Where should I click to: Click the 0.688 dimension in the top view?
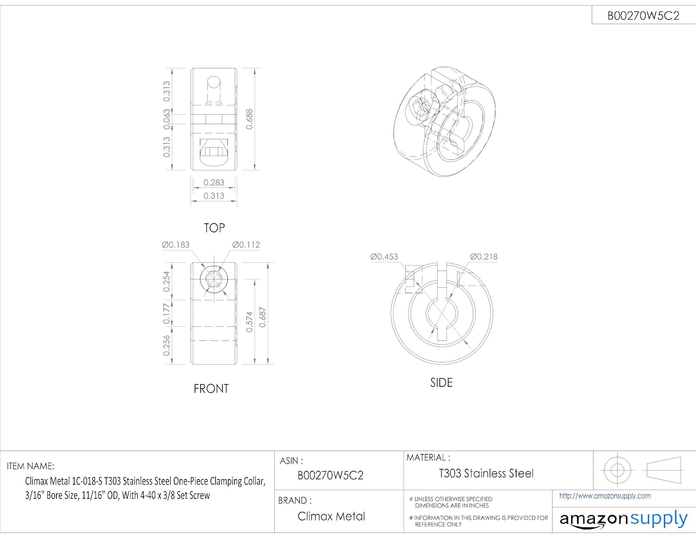tap(249, 119)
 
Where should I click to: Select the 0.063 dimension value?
tap(167, 119)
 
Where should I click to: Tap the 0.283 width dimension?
tap(213, 182)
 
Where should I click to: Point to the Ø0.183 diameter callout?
tap(175, 245)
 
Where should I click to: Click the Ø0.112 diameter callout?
tap(246, 245)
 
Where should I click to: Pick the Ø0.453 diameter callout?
tap(384, 257)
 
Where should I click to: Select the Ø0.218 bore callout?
tap(483, 257)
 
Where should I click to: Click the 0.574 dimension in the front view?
tap(249, 322)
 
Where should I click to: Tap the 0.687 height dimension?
tap(262, 317)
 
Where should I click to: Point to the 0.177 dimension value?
tap(167, 314)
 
